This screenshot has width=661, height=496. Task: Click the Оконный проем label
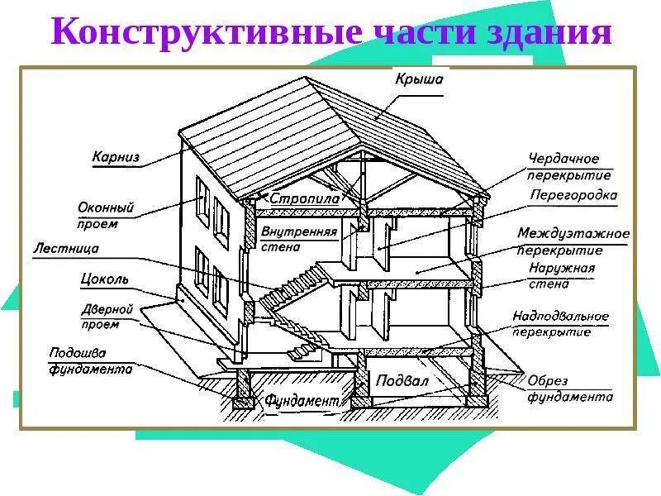99,215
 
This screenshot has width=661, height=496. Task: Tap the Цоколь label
105,279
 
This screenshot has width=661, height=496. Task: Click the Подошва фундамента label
90,360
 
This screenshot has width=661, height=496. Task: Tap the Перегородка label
573,197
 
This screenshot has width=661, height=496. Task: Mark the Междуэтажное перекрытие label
573,241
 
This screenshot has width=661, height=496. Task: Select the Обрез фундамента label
570,389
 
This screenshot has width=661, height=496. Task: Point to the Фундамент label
302,401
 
